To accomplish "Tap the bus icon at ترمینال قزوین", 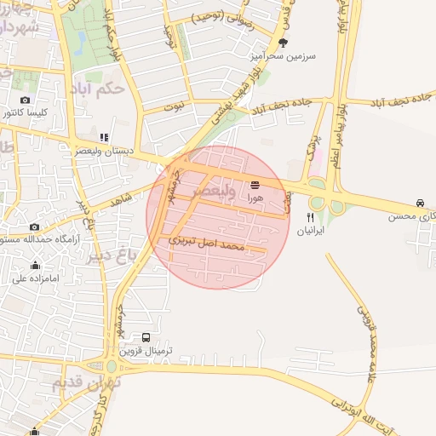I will tap(147, 338).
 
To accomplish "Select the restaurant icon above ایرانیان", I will tap(298, 217).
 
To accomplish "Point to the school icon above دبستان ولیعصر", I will tap(104, 136).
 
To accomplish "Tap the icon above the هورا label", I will tap(255, 183).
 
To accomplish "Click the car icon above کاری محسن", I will tap(420, 203).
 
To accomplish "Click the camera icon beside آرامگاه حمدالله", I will tap(34, 227).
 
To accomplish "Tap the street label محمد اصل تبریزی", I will tap(207, 243).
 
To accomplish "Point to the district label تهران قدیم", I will tap(86, 384).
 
